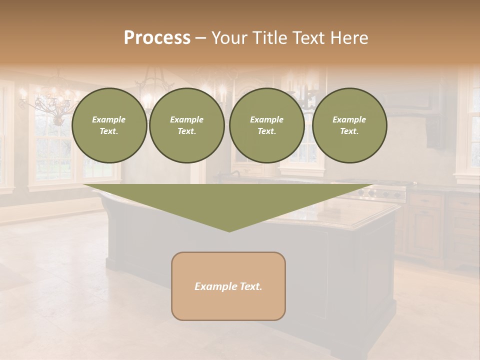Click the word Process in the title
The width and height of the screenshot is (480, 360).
click(157, 38)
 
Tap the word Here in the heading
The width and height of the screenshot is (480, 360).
click(348, 38)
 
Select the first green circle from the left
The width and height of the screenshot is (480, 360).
click(109, 125)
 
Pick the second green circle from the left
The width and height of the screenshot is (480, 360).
click(187, 125)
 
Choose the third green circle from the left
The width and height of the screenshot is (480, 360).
click(266, 125)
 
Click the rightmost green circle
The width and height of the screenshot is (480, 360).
click(349, 125)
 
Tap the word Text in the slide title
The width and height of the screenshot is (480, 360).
click(308, 38)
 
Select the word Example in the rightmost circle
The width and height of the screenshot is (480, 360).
click(349, 119)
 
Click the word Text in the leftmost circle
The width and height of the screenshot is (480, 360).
click(109, 131)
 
